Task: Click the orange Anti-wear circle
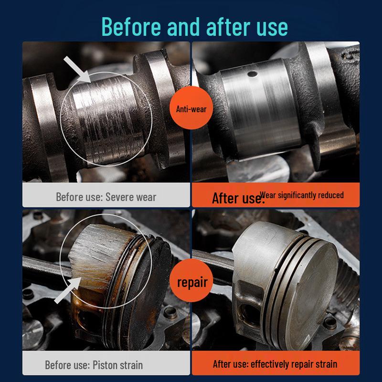coord(191,109)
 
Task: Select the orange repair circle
coord(192,282)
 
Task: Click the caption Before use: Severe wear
coord(106,197)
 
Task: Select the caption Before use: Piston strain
coord(94,365)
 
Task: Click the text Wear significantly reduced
coord(302,195)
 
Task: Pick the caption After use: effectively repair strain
coord(275,364)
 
